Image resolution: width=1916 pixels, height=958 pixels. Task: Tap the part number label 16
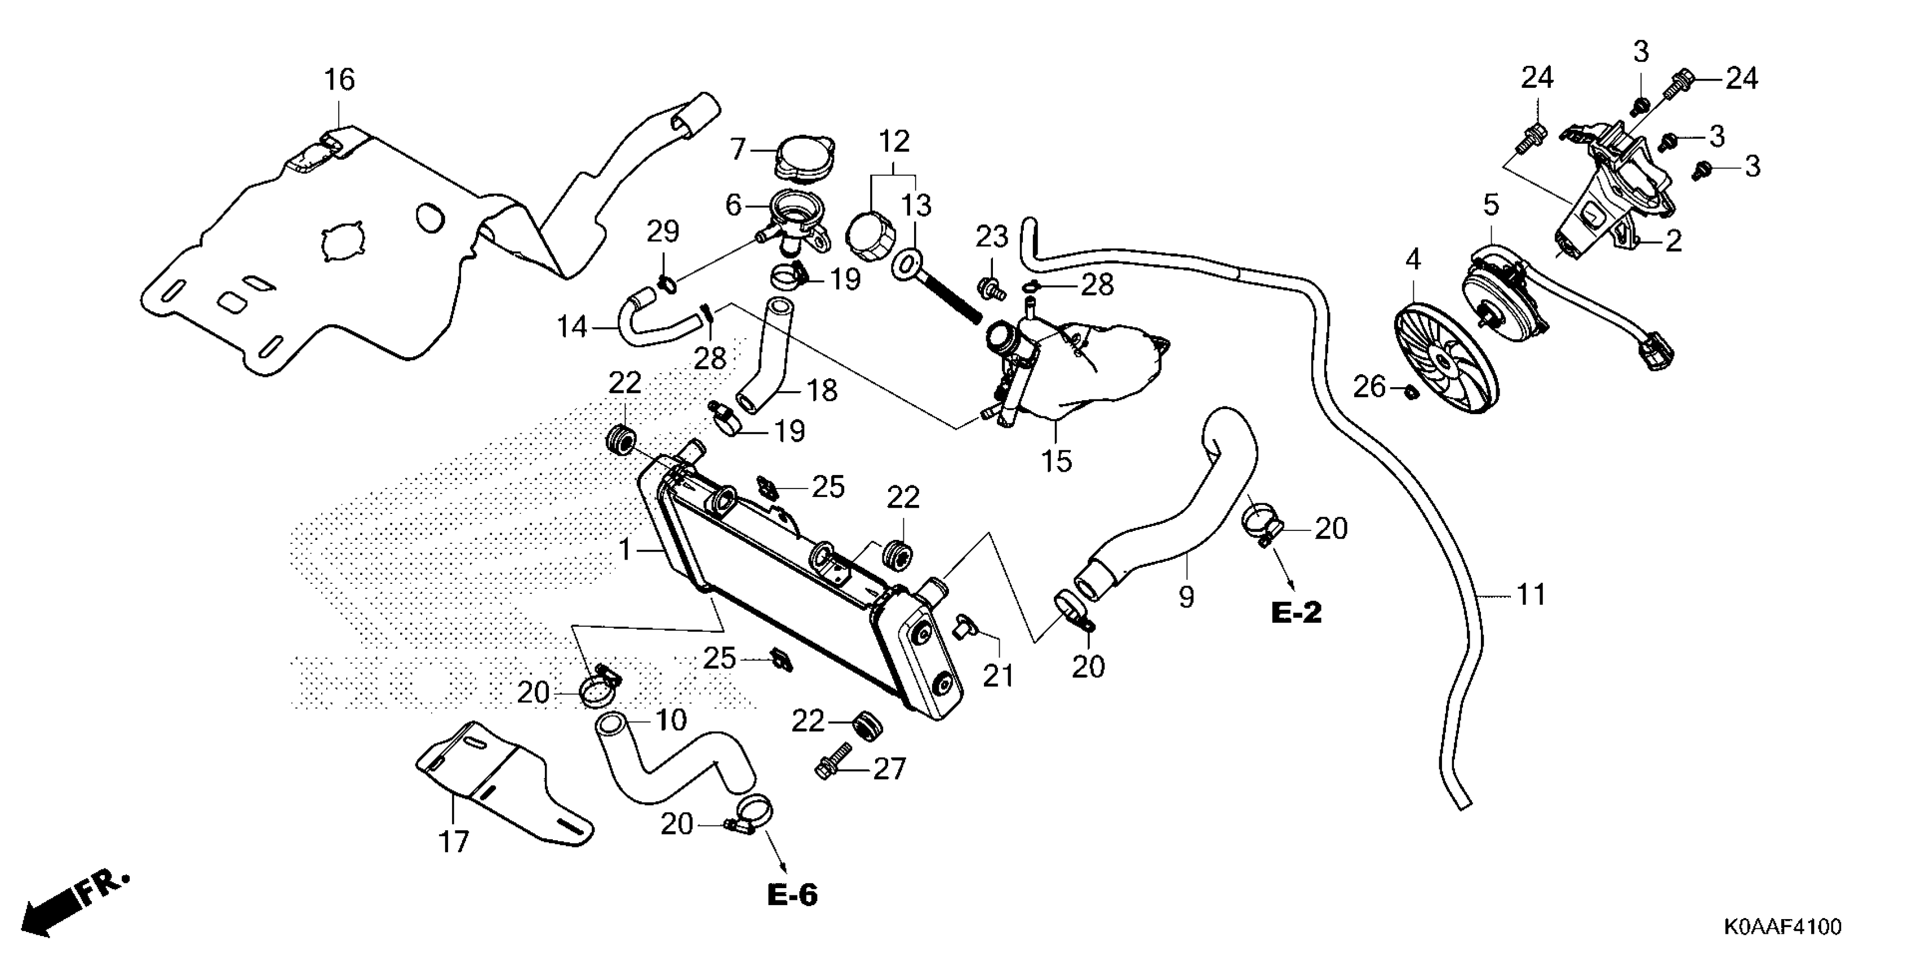339,79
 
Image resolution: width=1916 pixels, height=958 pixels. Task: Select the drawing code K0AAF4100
1781,927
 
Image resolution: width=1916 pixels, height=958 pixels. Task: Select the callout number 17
453,842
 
